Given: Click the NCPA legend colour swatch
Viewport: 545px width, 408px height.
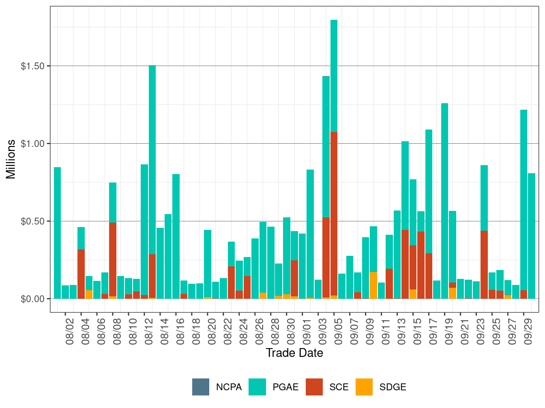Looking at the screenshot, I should [x=201, y=387].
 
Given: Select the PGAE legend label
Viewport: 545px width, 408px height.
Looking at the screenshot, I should [x=285, y=387].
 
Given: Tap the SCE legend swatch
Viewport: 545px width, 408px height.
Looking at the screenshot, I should [x=314, y=387].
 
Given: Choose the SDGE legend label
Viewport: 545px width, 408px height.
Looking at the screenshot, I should [x=393, y=387].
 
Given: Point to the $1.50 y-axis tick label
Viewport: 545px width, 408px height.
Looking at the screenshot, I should [x=32, y=66].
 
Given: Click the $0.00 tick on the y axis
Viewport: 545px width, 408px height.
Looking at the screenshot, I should [x=32, y=299].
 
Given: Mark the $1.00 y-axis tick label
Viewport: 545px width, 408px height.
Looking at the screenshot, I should [x=32, y=144].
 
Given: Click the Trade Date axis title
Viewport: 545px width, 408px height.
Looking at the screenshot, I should [x=294, y=353].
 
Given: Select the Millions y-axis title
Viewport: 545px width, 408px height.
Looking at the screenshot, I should [x=11, y=159].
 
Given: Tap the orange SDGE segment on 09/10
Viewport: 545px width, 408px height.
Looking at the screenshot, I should [x=373, y=285].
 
